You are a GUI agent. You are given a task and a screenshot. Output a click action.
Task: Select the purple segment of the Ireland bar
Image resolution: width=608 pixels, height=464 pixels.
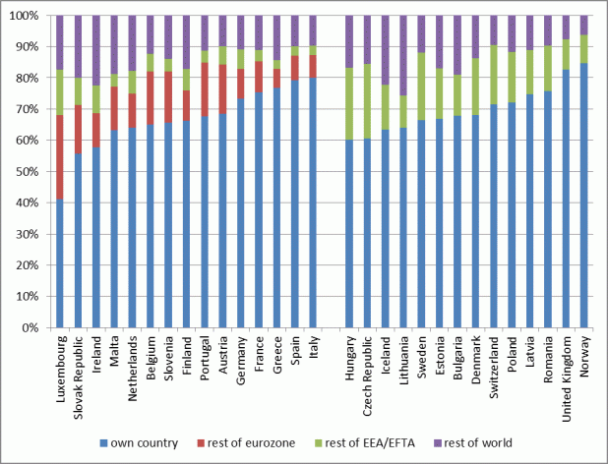[x=96, y=50]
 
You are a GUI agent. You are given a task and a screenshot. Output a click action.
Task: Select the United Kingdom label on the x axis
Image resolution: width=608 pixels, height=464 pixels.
[x=566, y=372]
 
